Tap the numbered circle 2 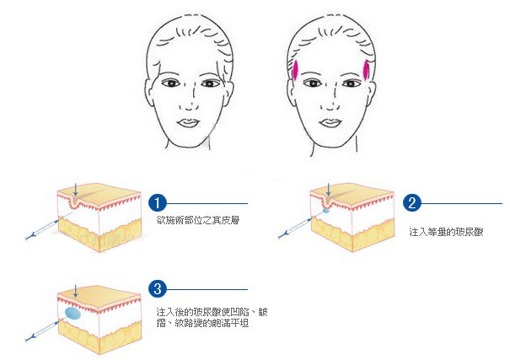pyautogui.click(x=411, y=202)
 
